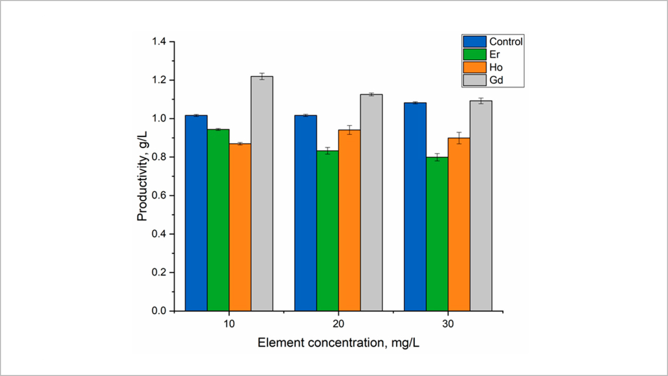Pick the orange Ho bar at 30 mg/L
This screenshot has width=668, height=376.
[459, 224]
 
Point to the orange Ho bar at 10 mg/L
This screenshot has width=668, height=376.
[240, 227]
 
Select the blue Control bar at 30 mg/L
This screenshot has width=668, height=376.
[415, 206]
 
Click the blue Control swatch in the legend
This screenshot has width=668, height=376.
[473, 41]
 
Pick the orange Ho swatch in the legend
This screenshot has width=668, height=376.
[473, 67]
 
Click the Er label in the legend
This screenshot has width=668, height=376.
[494, 54]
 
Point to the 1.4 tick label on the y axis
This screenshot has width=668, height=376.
[159, 42]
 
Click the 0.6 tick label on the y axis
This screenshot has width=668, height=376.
[159, 195]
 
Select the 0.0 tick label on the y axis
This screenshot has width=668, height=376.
[159, 311]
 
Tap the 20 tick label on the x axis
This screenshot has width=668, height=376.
[338, 324]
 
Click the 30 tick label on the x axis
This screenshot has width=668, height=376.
[448, 324]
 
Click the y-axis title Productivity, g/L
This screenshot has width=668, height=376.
[142, 177]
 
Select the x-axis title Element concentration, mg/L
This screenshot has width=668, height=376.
[338, 343]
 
